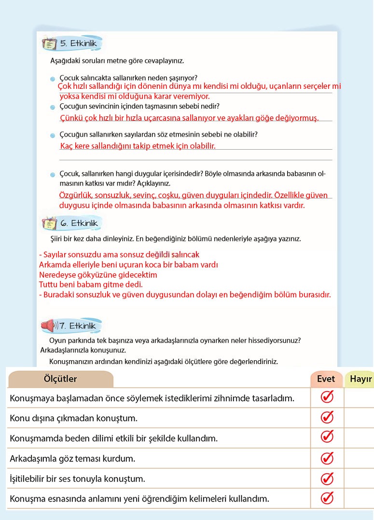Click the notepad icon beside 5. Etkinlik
(49, 44)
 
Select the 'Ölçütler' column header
(60, 379)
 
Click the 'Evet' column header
(326, 379)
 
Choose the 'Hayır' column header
(360, 379)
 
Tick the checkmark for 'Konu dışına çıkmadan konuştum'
(327, 417)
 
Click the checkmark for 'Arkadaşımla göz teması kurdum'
(327, 458)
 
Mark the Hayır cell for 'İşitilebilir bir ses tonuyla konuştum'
(360, 478)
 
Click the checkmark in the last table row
(327, 498)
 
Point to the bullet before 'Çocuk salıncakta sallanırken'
(53, 79)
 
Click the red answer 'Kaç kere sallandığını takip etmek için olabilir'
(138, 146)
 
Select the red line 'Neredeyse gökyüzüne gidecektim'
(98, 275)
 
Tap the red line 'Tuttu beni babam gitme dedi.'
(91, 284)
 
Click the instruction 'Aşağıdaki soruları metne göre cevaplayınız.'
(117, 61)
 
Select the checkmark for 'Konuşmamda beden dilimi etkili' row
(327, 437)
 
